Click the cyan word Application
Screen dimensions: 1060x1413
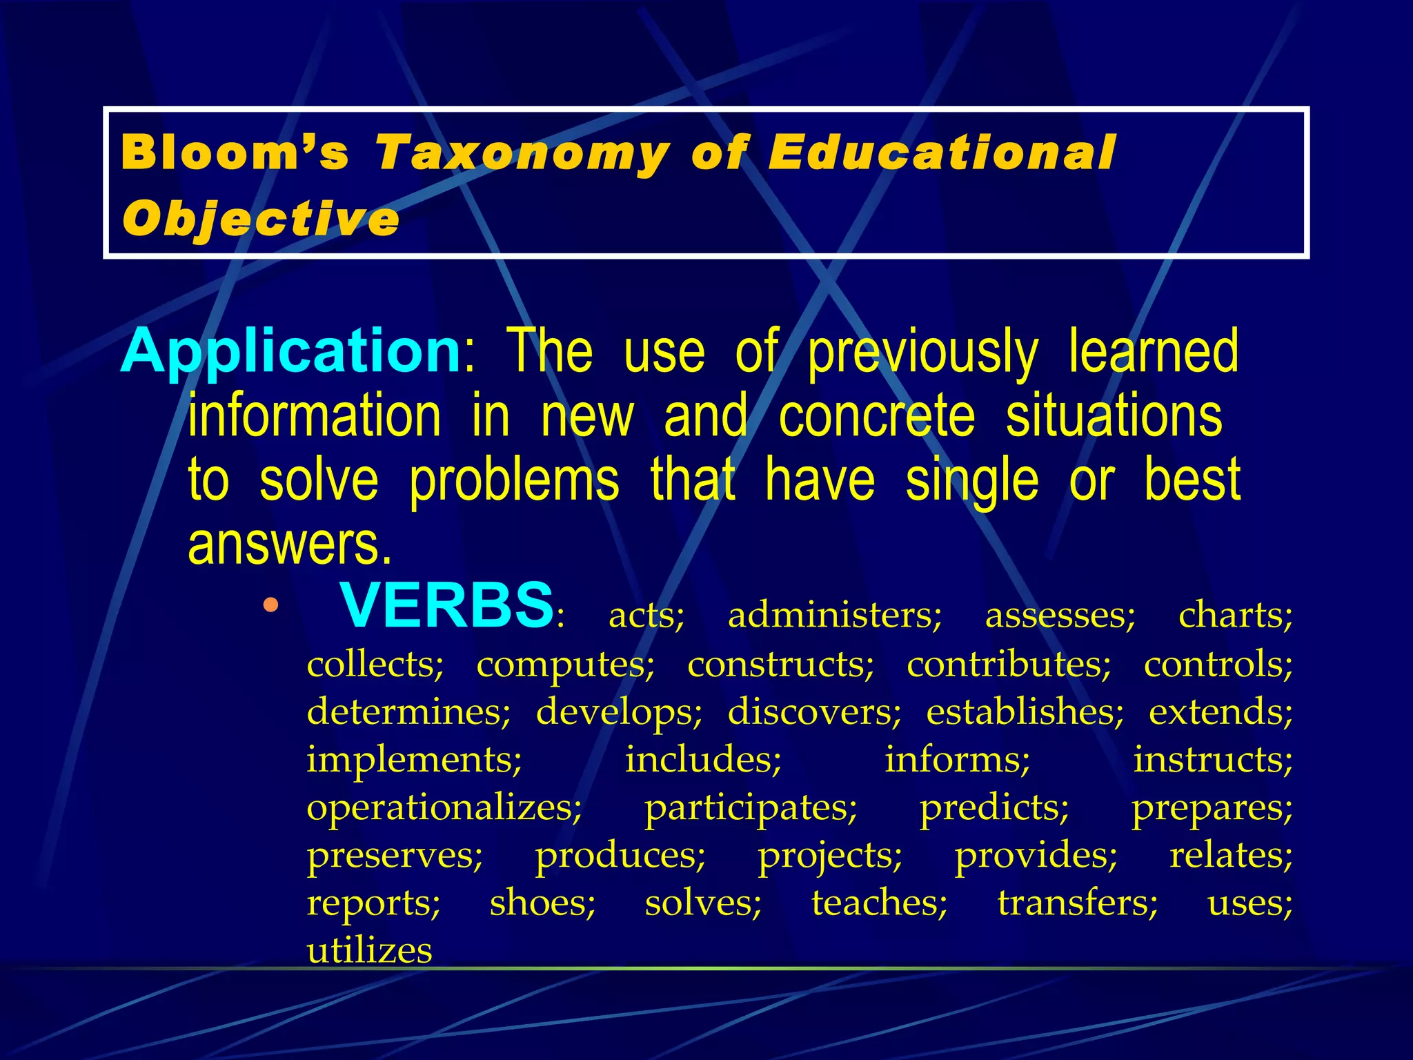tap(290, 351)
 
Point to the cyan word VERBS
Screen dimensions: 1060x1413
tap(446, 605)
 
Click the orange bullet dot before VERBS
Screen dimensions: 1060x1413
tap(270, 606)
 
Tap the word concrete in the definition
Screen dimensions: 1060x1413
tap(877, 416)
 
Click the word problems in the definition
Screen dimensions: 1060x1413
tap(514, 480)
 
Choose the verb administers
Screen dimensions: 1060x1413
tap(835, 615)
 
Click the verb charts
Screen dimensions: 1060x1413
tap(1235, 615)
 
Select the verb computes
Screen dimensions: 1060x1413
tap(565, 664)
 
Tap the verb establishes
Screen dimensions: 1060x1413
tap(1025, 711)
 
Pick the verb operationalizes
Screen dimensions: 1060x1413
tap(444, 807)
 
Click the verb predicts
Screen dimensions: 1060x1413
tap(994, 807)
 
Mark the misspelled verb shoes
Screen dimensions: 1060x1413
tap(542, 903)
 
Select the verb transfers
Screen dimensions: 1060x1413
tap(1077, 903)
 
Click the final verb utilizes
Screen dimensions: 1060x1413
tap(369, 951)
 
